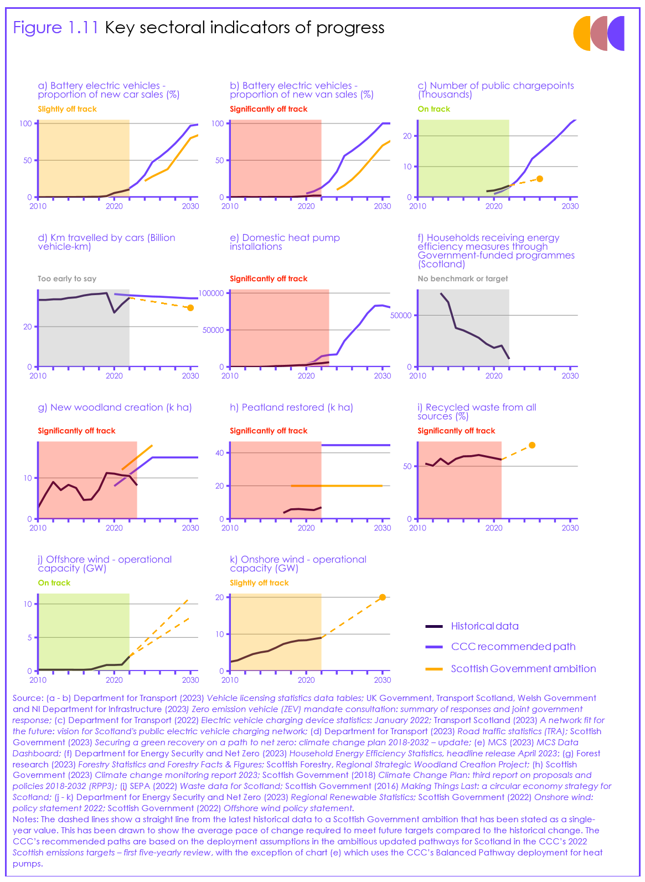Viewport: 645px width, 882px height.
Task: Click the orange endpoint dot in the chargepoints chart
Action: coord(540,179)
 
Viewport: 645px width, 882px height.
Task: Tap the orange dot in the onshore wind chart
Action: coord(383,597)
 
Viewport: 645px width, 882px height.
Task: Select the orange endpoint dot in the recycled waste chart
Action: coord(532,445)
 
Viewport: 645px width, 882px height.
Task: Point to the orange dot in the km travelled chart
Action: coord(190,308)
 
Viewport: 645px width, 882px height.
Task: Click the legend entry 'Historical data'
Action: coord(484,626)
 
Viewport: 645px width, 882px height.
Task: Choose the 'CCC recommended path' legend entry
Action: coord(513,647)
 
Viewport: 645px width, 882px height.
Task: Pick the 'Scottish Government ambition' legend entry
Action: coord(523,669)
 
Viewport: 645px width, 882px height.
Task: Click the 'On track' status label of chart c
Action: coord(434,109)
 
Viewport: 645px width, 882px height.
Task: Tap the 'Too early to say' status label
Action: coord(67,279)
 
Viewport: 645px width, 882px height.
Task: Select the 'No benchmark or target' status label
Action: coord(462,279)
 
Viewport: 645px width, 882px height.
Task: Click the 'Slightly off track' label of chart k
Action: coord(259,583)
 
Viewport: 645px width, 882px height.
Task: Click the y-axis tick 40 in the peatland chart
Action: coord(220,453)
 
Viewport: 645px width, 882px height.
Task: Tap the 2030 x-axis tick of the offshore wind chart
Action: coord(190,680)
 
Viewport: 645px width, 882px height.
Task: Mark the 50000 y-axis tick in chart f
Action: coord(401,316)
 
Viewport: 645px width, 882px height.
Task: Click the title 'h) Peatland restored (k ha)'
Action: coord(291,408)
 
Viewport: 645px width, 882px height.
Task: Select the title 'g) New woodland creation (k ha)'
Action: coord(115,408)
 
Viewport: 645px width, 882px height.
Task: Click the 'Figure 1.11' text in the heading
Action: coord(55,28)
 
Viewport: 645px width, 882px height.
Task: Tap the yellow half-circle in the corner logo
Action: coord(582,33)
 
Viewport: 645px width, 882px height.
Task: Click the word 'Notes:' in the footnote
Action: coord(25,819)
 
